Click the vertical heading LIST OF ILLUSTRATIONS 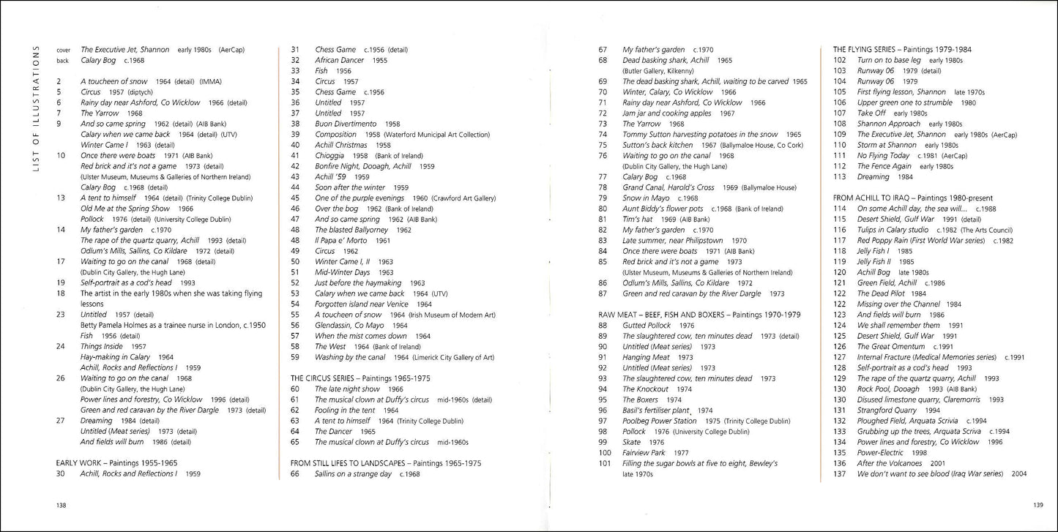(36, 109)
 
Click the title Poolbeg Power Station (660, 421)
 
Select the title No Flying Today (883, 155)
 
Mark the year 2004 (1018, 473)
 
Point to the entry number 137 (840, 473)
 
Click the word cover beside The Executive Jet (64, 50)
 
